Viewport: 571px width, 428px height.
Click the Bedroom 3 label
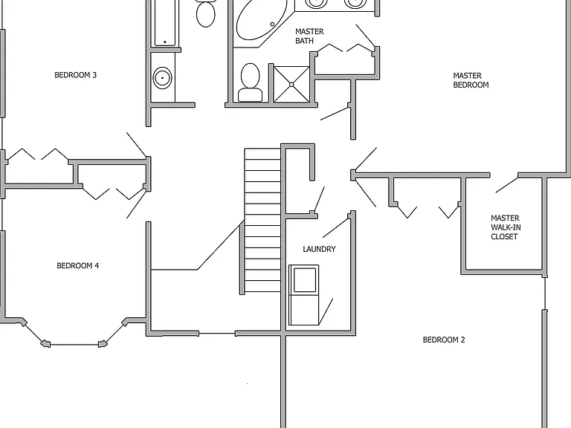[75, 75]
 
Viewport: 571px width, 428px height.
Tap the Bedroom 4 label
[77, 266]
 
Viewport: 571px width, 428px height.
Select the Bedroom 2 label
[444, 340]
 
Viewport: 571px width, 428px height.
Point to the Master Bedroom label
[471, 80]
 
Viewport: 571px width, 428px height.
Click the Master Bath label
[309, 36]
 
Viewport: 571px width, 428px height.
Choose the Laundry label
[319, 249]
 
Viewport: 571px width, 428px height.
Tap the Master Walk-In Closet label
[506, 227]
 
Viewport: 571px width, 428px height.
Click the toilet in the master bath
[250, 82]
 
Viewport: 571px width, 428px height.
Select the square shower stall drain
[291, 85]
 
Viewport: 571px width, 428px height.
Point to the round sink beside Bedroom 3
[162, 77]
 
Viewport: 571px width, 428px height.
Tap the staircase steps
[262, 220]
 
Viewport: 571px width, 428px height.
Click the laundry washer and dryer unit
[303, 295]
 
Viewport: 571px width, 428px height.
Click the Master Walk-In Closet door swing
[506, 185]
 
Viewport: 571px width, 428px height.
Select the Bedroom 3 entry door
[137, 145]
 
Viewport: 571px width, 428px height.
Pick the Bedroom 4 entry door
[136, 204]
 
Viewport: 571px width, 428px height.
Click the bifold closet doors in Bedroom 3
[38, 154]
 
